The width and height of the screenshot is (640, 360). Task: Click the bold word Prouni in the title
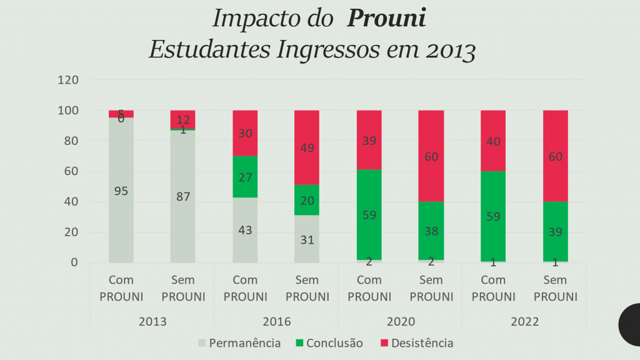tap(386, 19)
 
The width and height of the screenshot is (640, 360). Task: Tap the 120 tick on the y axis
tap(67, 80)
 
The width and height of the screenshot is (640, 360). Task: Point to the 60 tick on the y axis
tap(71, 171)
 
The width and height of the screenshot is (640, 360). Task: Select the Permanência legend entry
tap(239, 342)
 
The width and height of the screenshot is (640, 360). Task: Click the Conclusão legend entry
tap(329, 342)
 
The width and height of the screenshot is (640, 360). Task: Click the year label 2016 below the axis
tap(276, 322)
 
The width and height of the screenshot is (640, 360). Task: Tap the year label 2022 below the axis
tap(524, 322)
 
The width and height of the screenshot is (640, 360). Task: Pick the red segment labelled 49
tap(307, 147)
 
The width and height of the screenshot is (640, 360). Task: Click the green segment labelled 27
tap(245, 177)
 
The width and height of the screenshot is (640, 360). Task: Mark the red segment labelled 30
tap(245, 133)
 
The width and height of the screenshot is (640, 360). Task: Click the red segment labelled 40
tap(493, 141)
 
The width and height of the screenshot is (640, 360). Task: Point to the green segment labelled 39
tap(555, 231)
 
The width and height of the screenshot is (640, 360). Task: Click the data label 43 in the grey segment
tap(245, 230)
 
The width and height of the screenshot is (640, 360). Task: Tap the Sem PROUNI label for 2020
tap(431, 288)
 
